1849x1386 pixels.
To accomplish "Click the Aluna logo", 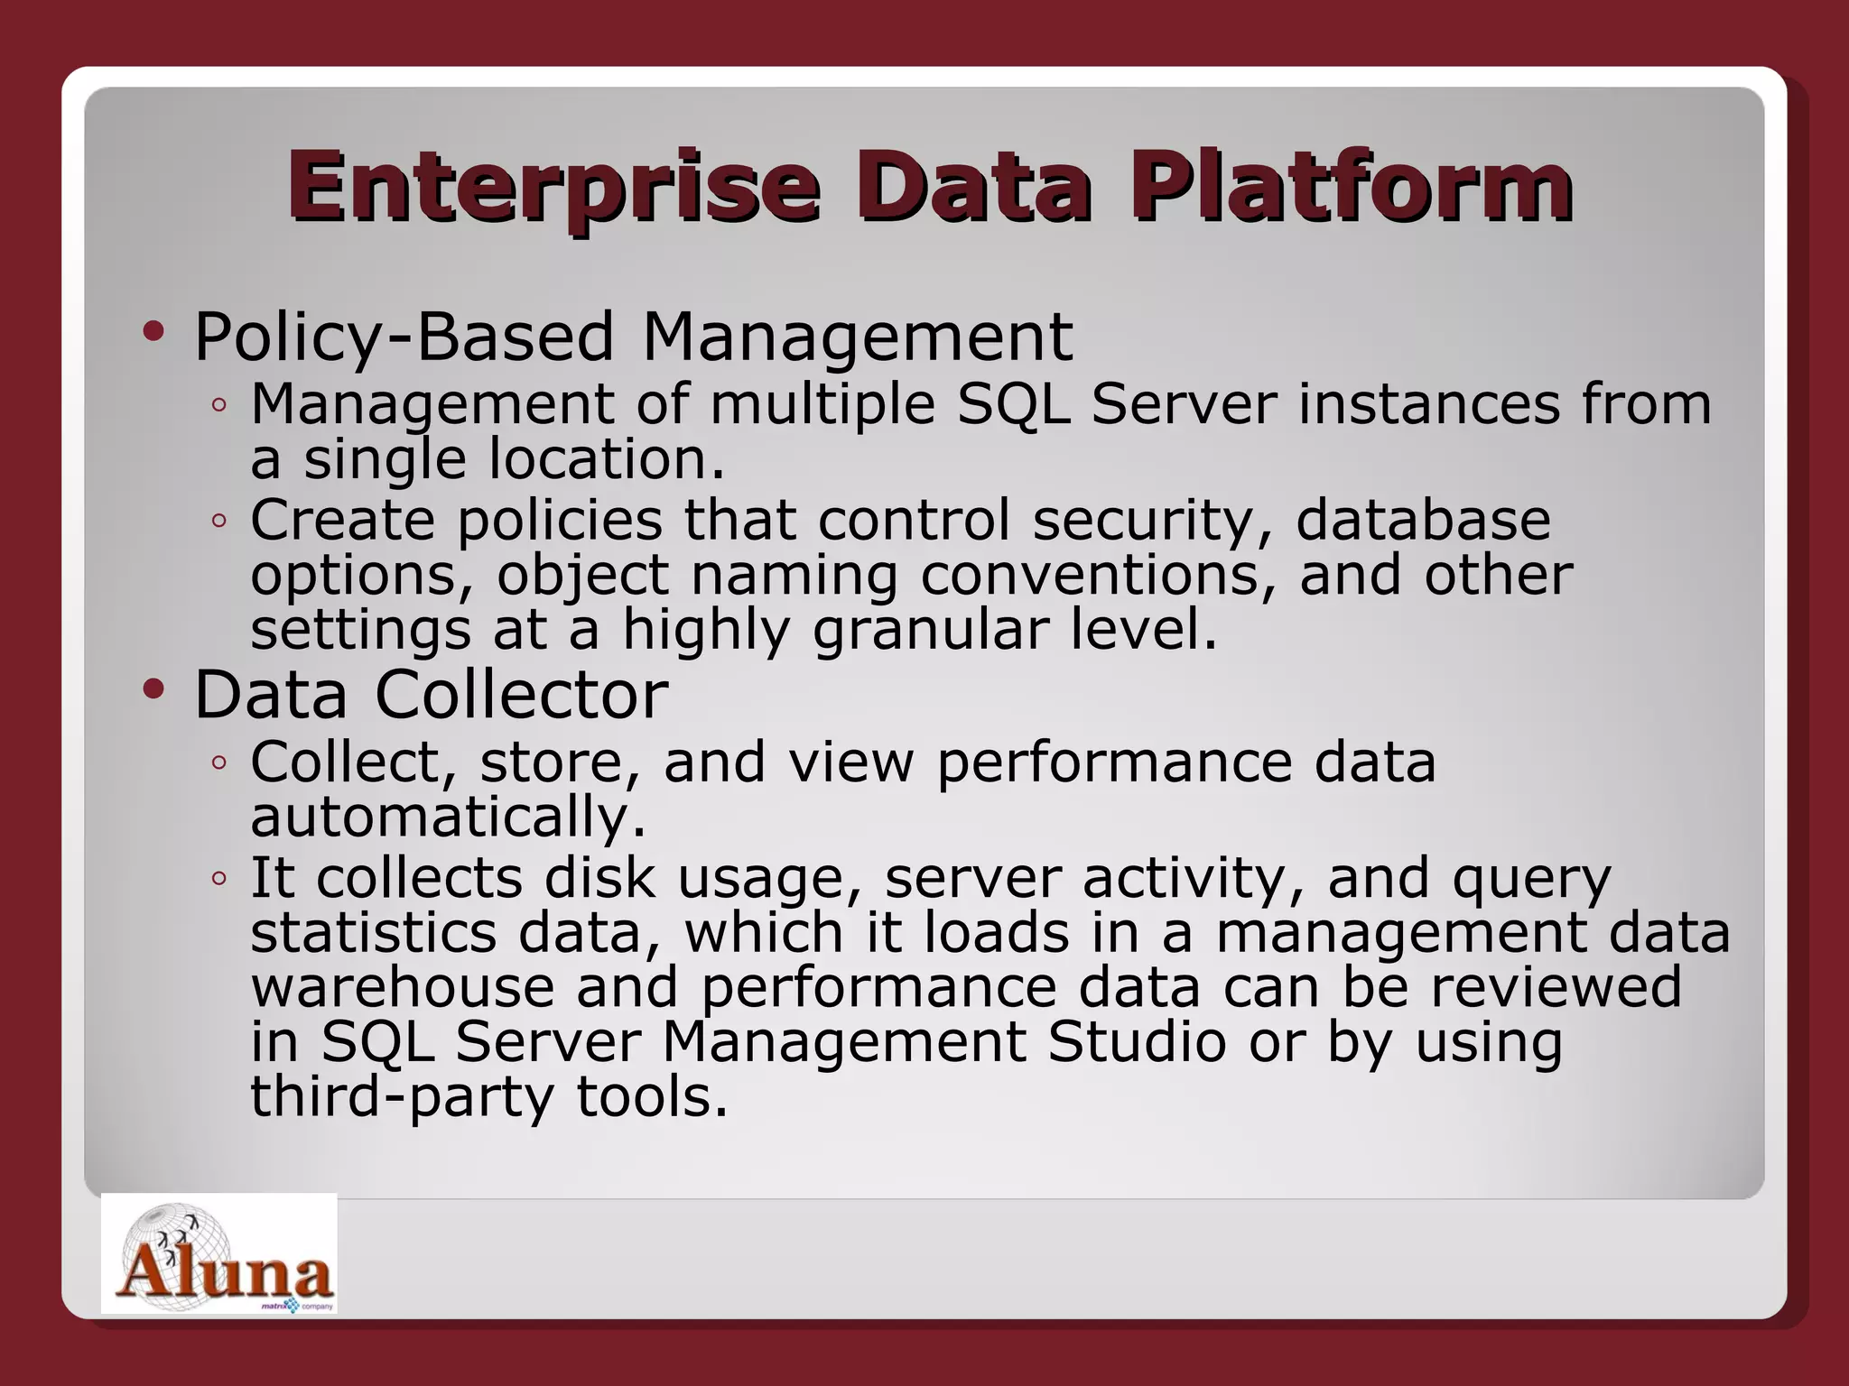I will coord(219,1254).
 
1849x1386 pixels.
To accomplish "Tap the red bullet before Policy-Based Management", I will coord(153,332).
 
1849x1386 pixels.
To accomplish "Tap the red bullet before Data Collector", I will coord(153,690).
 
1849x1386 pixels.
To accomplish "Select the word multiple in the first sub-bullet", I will coord(822,403).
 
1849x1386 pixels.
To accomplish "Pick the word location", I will coord(607,458).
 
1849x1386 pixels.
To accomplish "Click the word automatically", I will coord(448,817).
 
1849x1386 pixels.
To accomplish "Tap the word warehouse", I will coord(402,986).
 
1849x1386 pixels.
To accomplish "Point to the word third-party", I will coord(402,1097).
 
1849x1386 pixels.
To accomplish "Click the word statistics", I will coord(373,932).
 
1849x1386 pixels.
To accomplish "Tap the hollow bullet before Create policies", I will coord(218,521).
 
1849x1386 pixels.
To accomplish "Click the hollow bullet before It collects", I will coord(218,878).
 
